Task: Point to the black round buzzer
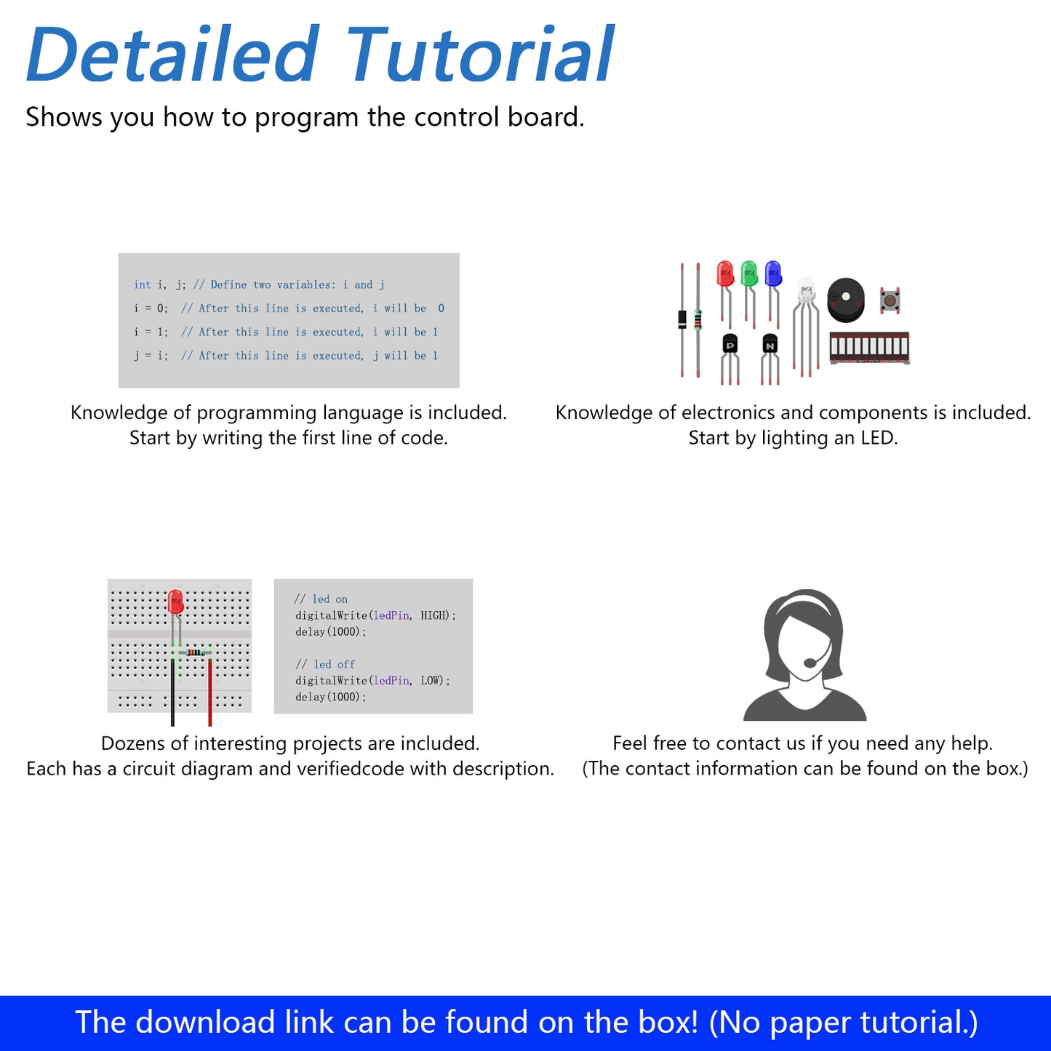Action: pos(845,300)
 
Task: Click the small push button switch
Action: pos(890,300)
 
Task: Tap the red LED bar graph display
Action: pos(869,348)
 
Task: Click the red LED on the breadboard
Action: pos(175,602)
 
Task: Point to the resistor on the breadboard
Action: pos(195,652)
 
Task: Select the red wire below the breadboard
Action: pos(210,692)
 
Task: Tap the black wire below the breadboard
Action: pos(172,692)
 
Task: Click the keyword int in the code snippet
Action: pos(143,284)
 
